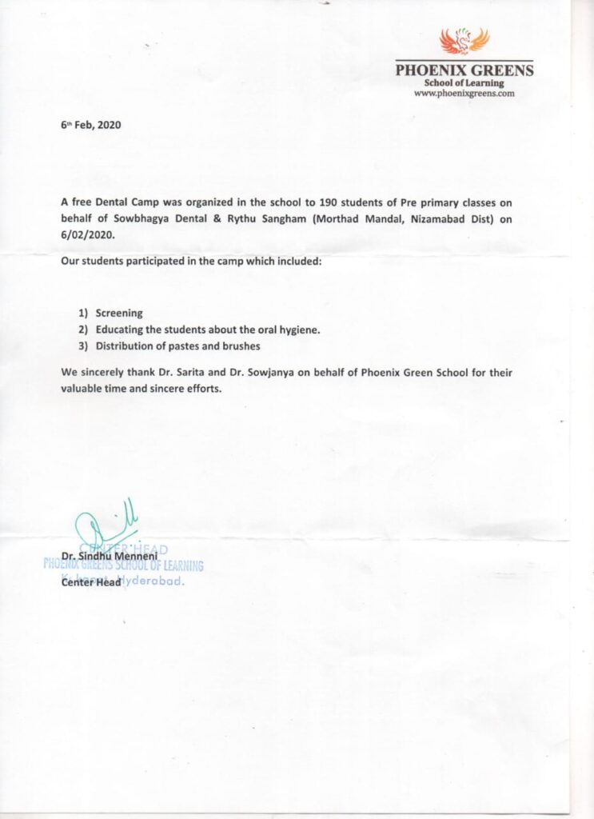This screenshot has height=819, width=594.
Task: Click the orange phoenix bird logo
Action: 464,40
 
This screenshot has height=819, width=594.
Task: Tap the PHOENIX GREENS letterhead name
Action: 464,70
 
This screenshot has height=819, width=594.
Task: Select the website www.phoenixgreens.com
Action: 464,93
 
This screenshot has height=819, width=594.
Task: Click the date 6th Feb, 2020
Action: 90,126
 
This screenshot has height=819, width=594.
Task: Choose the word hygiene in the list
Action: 297,330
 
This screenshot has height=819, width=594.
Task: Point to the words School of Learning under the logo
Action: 464,83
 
